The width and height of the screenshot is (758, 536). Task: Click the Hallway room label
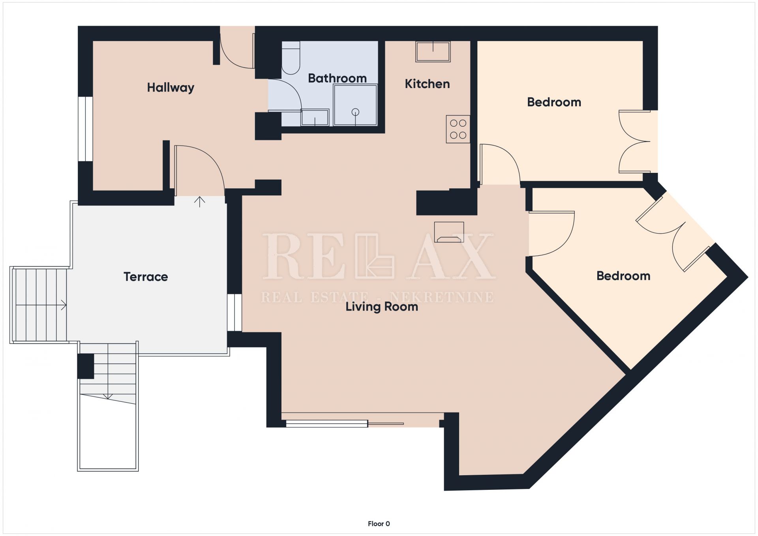[171, 87]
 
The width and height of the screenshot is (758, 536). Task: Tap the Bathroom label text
[337, 78]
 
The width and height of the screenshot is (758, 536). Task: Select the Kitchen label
[427, 84]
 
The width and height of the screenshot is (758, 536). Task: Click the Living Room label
[382, 307]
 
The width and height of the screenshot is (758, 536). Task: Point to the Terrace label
[146, 277]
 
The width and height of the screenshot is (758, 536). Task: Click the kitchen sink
[433, 52]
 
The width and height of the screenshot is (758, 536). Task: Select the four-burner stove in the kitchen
[458, 129]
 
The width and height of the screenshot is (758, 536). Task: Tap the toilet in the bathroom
[291, 58]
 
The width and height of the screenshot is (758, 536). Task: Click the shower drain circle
[355, 112]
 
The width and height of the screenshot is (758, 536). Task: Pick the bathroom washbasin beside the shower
[315, 118]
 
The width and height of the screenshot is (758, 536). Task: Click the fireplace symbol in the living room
[449, 232]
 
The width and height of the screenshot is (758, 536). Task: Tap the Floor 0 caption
[379, 524]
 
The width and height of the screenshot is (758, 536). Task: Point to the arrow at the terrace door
[200, 202]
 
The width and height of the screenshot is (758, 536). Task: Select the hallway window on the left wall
[85, 129]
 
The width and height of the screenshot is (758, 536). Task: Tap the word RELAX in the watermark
[378, 256]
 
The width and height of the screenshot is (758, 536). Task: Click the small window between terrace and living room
[235, 313]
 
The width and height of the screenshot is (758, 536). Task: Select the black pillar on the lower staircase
[86, 366]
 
